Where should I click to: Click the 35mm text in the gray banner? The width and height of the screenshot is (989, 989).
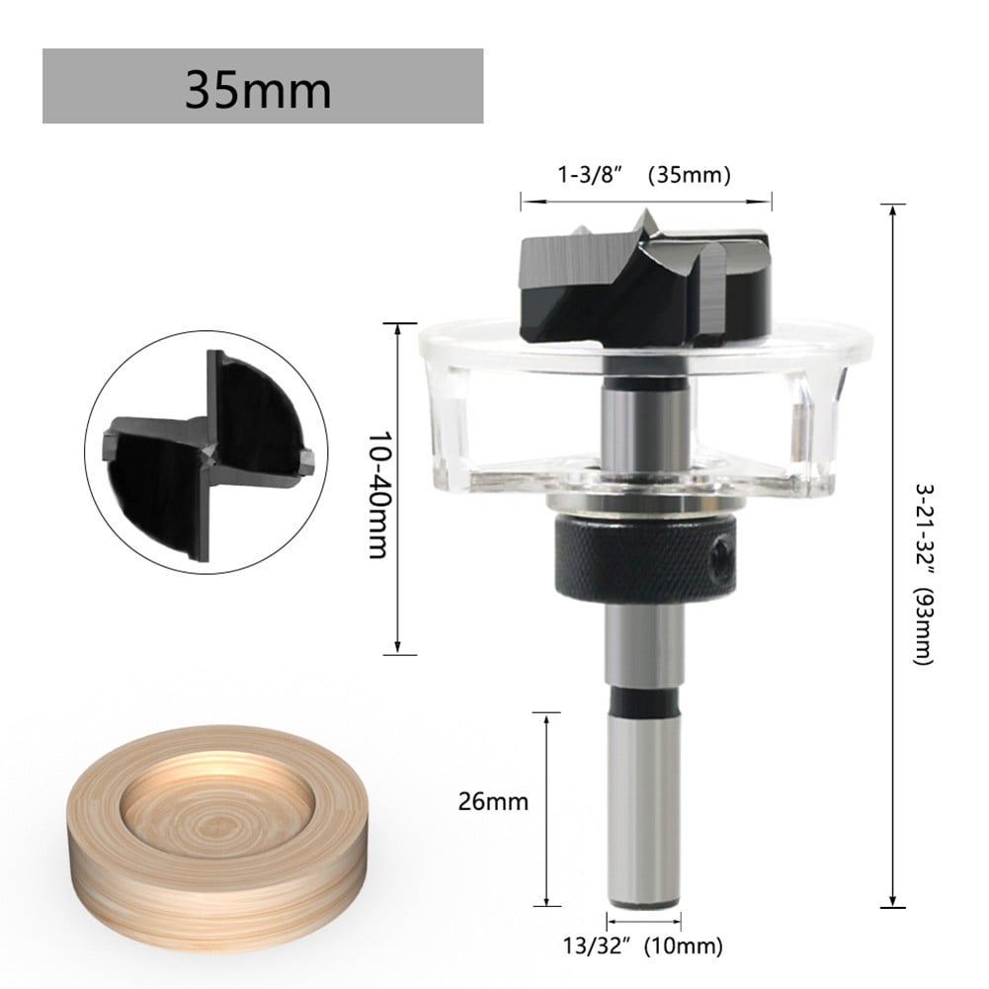(x=258, y=89)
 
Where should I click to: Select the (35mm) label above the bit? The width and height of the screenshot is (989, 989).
(x=689, y=176)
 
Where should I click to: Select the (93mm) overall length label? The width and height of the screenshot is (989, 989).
(x=921, y=626)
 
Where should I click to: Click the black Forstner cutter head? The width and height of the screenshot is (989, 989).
(x=642, y=282)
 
